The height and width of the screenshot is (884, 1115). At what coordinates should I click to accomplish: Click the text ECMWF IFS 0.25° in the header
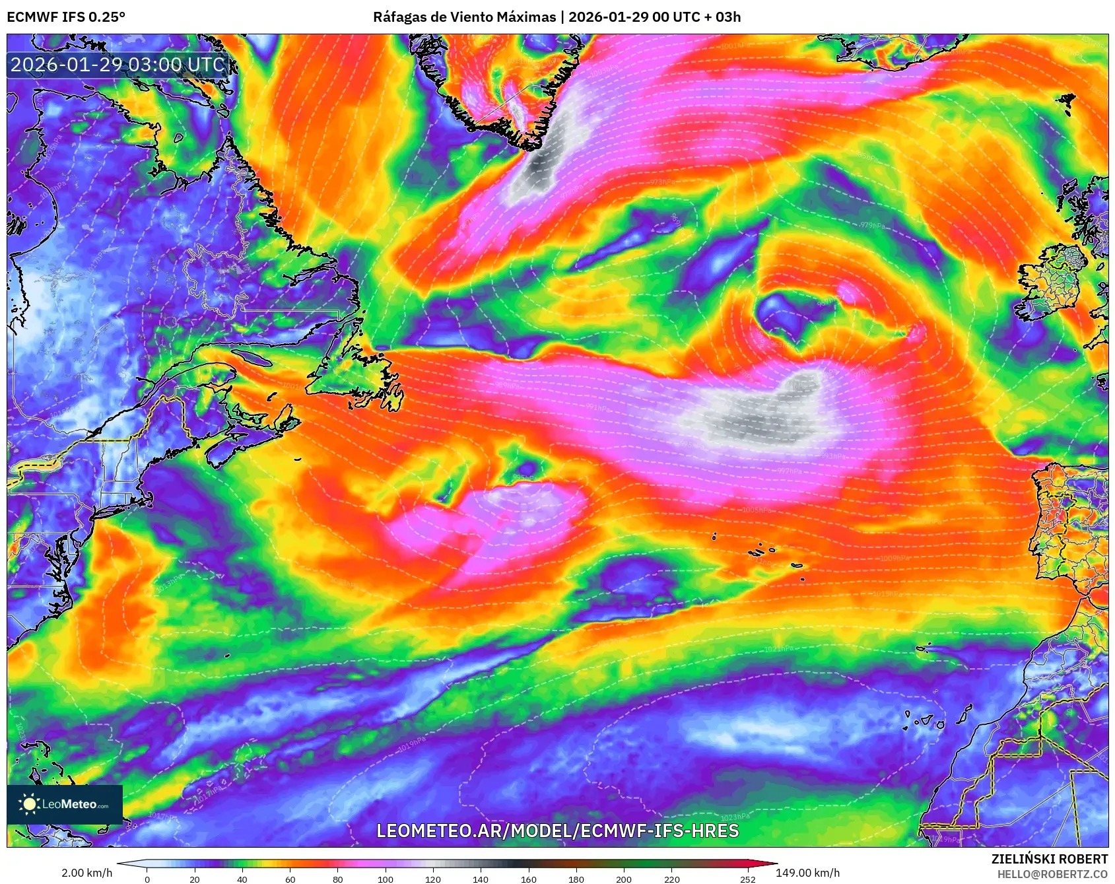66,17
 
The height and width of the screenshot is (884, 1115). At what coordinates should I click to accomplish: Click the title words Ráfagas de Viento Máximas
464,17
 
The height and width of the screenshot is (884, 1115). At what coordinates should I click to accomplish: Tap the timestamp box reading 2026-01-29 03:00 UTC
118,65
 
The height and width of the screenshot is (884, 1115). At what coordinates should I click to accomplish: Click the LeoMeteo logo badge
65,804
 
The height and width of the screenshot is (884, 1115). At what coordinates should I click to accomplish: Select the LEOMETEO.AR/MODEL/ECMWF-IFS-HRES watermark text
557,831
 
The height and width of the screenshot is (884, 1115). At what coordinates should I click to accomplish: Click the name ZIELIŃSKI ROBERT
1049,859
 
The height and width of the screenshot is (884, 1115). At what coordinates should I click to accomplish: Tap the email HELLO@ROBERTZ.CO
1052,874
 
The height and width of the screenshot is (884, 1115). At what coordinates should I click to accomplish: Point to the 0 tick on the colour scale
147,879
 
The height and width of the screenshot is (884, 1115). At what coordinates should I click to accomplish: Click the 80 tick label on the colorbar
338,879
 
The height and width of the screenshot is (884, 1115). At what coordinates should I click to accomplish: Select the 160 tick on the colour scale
528,879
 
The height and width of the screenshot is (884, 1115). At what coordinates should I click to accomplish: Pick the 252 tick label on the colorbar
747,879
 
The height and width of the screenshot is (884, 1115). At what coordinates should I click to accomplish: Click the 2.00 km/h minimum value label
86,873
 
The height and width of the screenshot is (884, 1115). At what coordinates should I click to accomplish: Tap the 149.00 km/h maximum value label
807,873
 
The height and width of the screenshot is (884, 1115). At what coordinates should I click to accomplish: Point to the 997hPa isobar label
790,471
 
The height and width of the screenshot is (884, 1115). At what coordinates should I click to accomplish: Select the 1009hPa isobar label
895,559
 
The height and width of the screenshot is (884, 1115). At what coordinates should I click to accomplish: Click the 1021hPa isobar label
779,649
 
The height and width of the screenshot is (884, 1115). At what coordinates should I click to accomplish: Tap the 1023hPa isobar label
735,817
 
